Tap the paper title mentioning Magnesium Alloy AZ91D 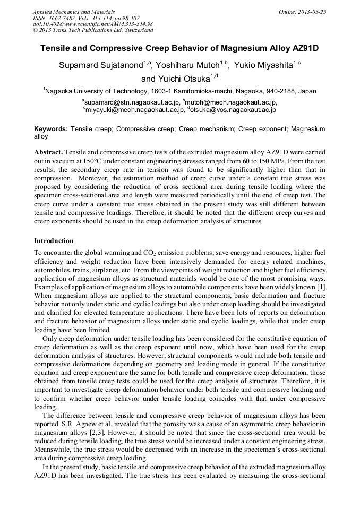[x=179, y=48]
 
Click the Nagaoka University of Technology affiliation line [x=179, y=91]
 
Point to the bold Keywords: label [x=51, y=129]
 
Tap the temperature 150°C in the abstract [x=88, y=160]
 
